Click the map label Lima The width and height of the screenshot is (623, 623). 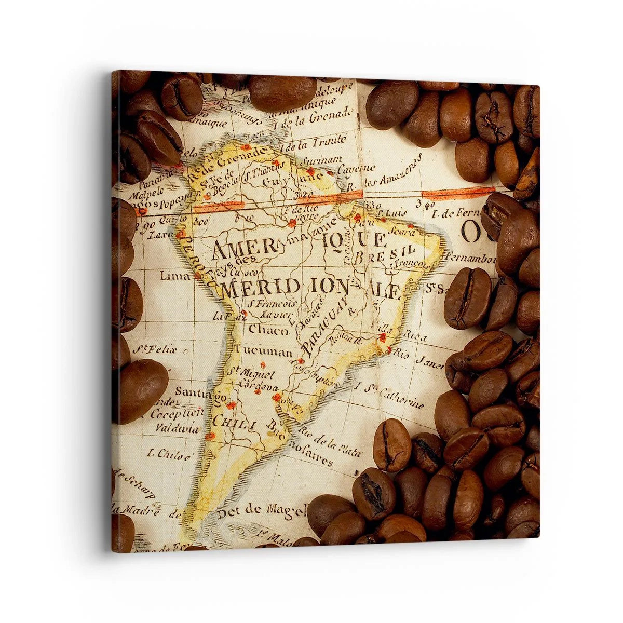[175, 276]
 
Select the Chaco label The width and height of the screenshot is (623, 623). [268, 330]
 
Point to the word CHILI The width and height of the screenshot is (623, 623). [235, 423]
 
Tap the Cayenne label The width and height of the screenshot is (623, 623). [356, 169]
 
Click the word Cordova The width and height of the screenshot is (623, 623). [258, 387]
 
